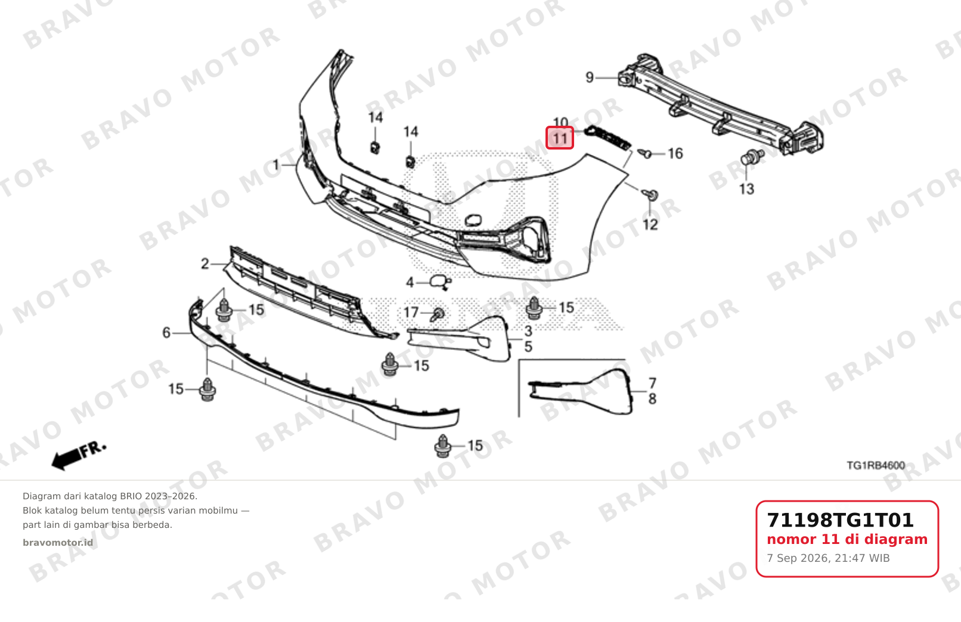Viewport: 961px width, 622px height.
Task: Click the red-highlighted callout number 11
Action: click(x=559, y=138)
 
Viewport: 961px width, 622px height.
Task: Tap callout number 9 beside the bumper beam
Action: click(x=590, y=77)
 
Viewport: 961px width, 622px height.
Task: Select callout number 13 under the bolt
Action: click(x=746, y=189)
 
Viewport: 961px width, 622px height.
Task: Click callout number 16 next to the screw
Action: click(x=675, y=154)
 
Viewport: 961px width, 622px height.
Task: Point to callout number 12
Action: click(x=650, y=224)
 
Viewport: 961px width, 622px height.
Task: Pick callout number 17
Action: click(x=411, y=313)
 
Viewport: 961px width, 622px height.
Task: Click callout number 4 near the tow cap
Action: click(x=410, y=282)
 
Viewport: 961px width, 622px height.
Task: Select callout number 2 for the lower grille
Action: click(x=205, y=263)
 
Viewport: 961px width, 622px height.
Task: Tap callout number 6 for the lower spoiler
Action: click(x=166, y=332)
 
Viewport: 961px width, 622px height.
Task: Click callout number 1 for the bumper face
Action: click(x=276, y=165)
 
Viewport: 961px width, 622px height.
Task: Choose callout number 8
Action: click(x=652, y=399)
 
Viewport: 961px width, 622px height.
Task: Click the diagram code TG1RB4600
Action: click(x=876, y=465)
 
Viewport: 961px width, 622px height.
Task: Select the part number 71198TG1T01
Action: click(x=840, y=520)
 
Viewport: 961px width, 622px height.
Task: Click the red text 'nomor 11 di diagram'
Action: click(x=847, y=539)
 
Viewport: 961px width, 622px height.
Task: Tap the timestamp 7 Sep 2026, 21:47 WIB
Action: click(x=828, y=558)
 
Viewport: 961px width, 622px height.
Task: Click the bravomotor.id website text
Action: click(x=58, y=543)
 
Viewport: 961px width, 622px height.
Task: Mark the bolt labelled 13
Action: click(x=752, y=157)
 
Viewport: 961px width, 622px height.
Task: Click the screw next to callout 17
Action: click(x=438, y=315)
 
